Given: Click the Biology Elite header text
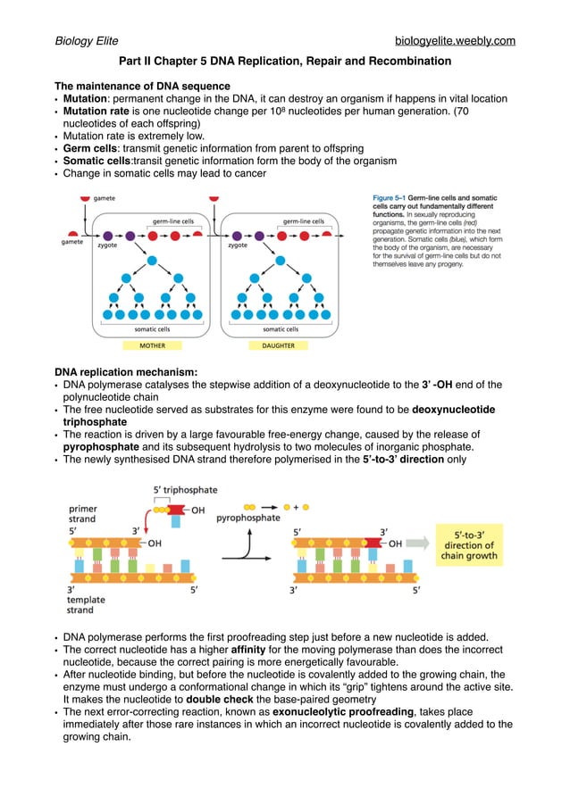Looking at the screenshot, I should click(87, 41).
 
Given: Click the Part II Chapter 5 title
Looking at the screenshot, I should click(285, 62).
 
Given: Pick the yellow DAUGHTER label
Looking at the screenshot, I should click(278, 345).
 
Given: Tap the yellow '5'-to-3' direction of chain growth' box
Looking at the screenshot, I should click(467, 544).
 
